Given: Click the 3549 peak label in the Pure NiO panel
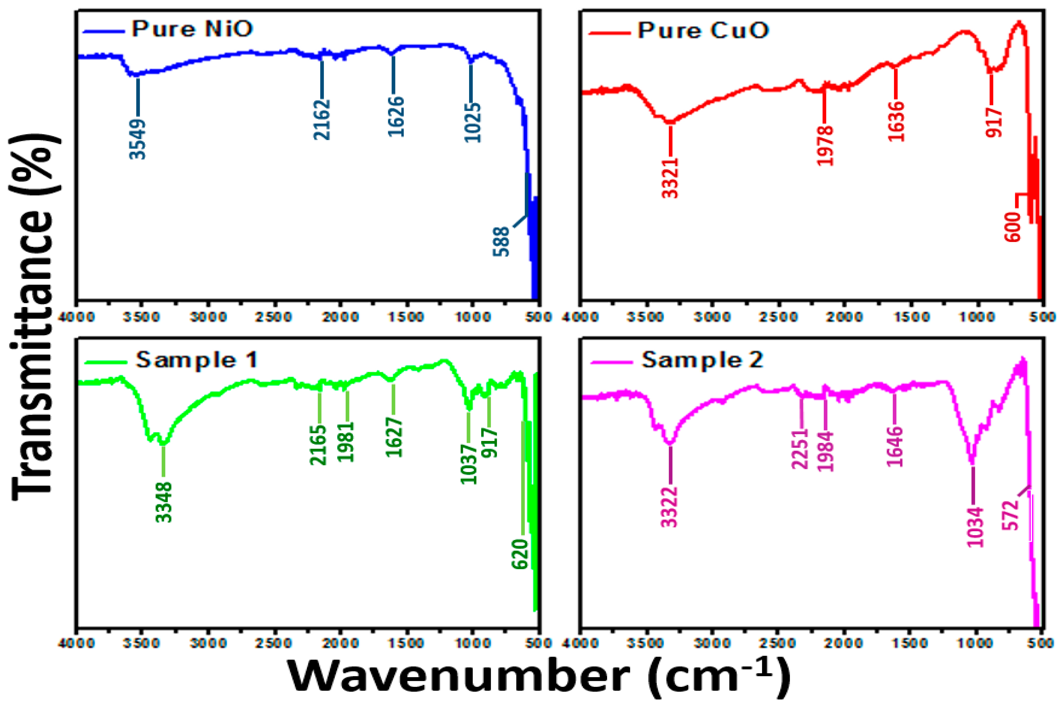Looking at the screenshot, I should [138, 139].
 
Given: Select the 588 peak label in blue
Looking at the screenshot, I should [501, 242].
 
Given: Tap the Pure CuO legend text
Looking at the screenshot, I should [703, 31].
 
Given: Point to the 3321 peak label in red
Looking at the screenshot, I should [670, 178].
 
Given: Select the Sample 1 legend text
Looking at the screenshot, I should [197, 360].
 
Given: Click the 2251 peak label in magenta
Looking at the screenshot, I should [800, 449].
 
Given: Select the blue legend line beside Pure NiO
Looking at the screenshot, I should [104, 31].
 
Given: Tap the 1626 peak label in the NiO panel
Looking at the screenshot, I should [395, 117].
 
